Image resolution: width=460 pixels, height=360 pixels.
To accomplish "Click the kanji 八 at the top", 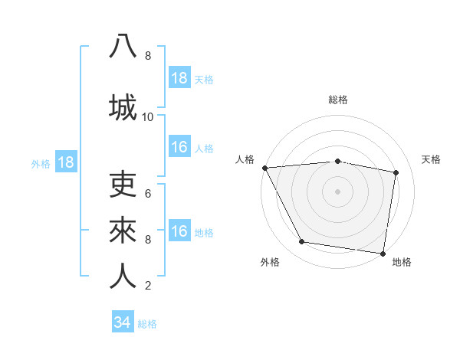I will click(123, 46).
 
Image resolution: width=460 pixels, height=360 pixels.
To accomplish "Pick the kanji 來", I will click(123, 230).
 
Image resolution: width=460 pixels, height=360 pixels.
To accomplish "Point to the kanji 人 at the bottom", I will click(123, 277).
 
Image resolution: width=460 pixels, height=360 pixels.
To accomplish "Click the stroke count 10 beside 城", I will click(148, 117).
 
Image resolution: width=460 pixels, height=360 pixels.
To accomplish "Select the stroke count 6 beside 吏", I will click(148, 194).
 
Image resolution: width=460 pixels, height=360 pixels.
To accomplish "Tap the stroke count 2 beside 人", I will click(148, 286).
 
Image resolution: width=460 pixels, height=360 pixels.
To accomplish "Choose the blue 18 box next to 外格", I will click(65, 162).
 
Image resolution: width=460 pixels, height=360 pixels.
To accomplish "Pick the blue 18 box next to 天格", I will click(179, 78).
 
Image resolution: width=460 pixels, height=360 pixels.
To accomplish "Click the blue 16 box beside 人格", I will click(179, 147).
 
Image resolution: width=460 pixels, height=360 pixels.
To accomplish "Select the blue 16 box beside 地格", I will click(179, 231).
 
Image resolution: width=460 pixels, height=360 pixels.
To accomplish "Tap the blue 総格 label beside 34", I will click(147, 324).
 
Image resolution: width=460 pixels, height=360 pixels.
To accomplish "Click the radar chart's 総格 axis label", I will click(338, 100).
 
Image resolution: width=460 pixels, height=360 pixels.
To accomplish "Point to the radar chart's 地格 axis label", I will click(402, 262).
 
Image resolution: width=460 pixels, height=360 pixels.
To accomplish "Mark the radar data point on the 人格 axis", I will click(264, 168).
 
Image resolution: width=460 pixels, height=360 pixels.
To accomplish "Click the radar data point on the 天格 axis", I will click(396, 172).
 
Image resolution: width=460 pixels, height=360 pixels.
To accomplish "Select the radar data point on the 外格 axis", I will click(302, 242).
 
